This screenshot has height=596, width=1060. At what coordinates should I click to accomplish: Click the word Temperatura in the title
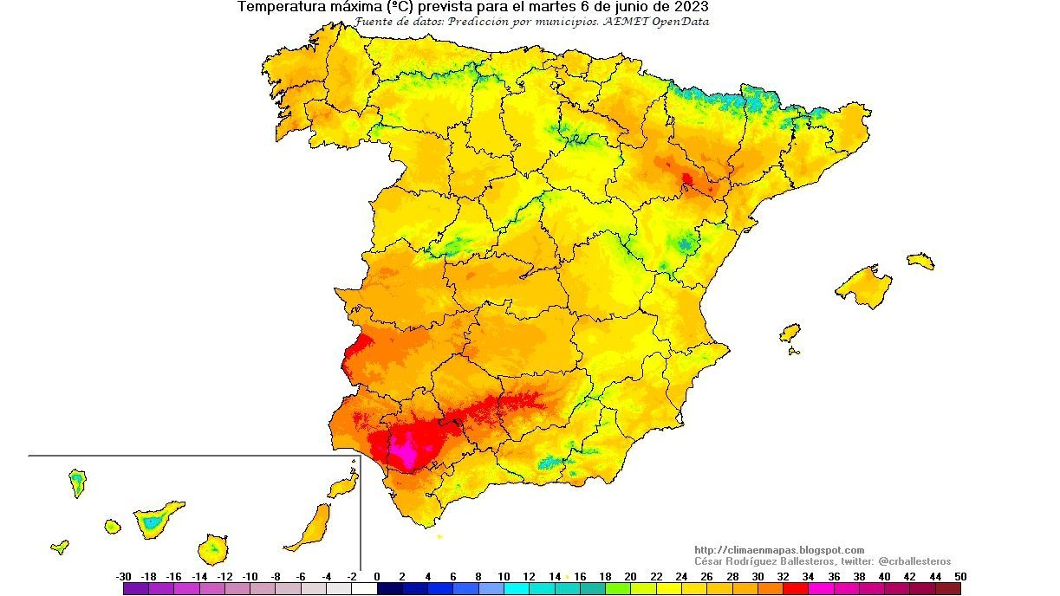coord(276,7)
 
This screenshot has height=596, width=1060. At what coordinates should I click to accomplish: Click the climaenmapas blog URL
coord(779,550)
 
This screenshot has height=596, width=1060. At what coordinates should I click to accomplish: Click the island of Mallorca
coord(864,285)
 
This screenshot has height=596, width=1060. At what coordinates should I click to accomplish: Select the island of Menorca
coord(920,261)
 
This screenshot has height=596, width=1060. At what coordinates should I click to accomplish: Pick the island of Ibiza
coord(790,334)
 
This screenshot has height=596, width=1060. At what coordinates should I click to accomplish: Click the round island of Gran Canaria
coord(212,547)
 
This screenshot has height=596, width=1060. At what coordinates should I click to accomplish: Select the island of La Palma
coord(77,482)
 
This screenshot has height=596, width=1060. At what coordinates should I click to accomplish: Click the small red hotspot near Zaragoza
coord(686,179)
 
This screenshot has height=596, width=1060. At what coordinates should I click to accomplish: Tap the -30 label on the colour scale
coord(123,577)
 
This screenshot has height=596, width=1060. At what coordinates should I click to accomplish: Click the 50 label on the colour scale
coord(959,577)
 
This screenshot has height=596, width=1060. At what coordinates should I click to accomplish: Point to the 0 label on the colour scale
coord(377,577)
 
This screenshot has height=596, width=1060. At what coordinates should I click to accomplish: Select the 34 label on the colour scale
coord(808,577)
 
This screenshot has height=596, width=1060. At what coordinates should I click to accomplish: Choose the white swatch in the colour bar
coord(364,588)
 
